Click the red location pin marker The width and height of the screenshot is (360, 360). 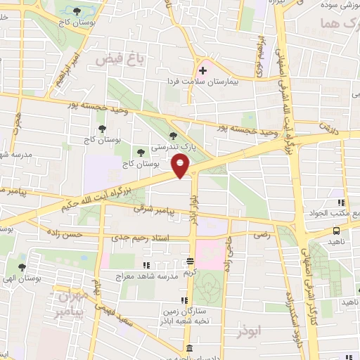pyautogui.click(x=181, y=166)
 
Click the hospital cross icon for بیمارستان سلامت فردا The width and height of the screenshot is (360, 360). pyautogui.click(x=202, y=71)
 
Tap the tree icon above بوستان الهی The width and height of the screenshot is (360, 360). pyautogui.click(x=22, y=267)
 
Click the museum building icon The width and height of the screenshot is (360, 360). pyautogui.click(x=188, y=348)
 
